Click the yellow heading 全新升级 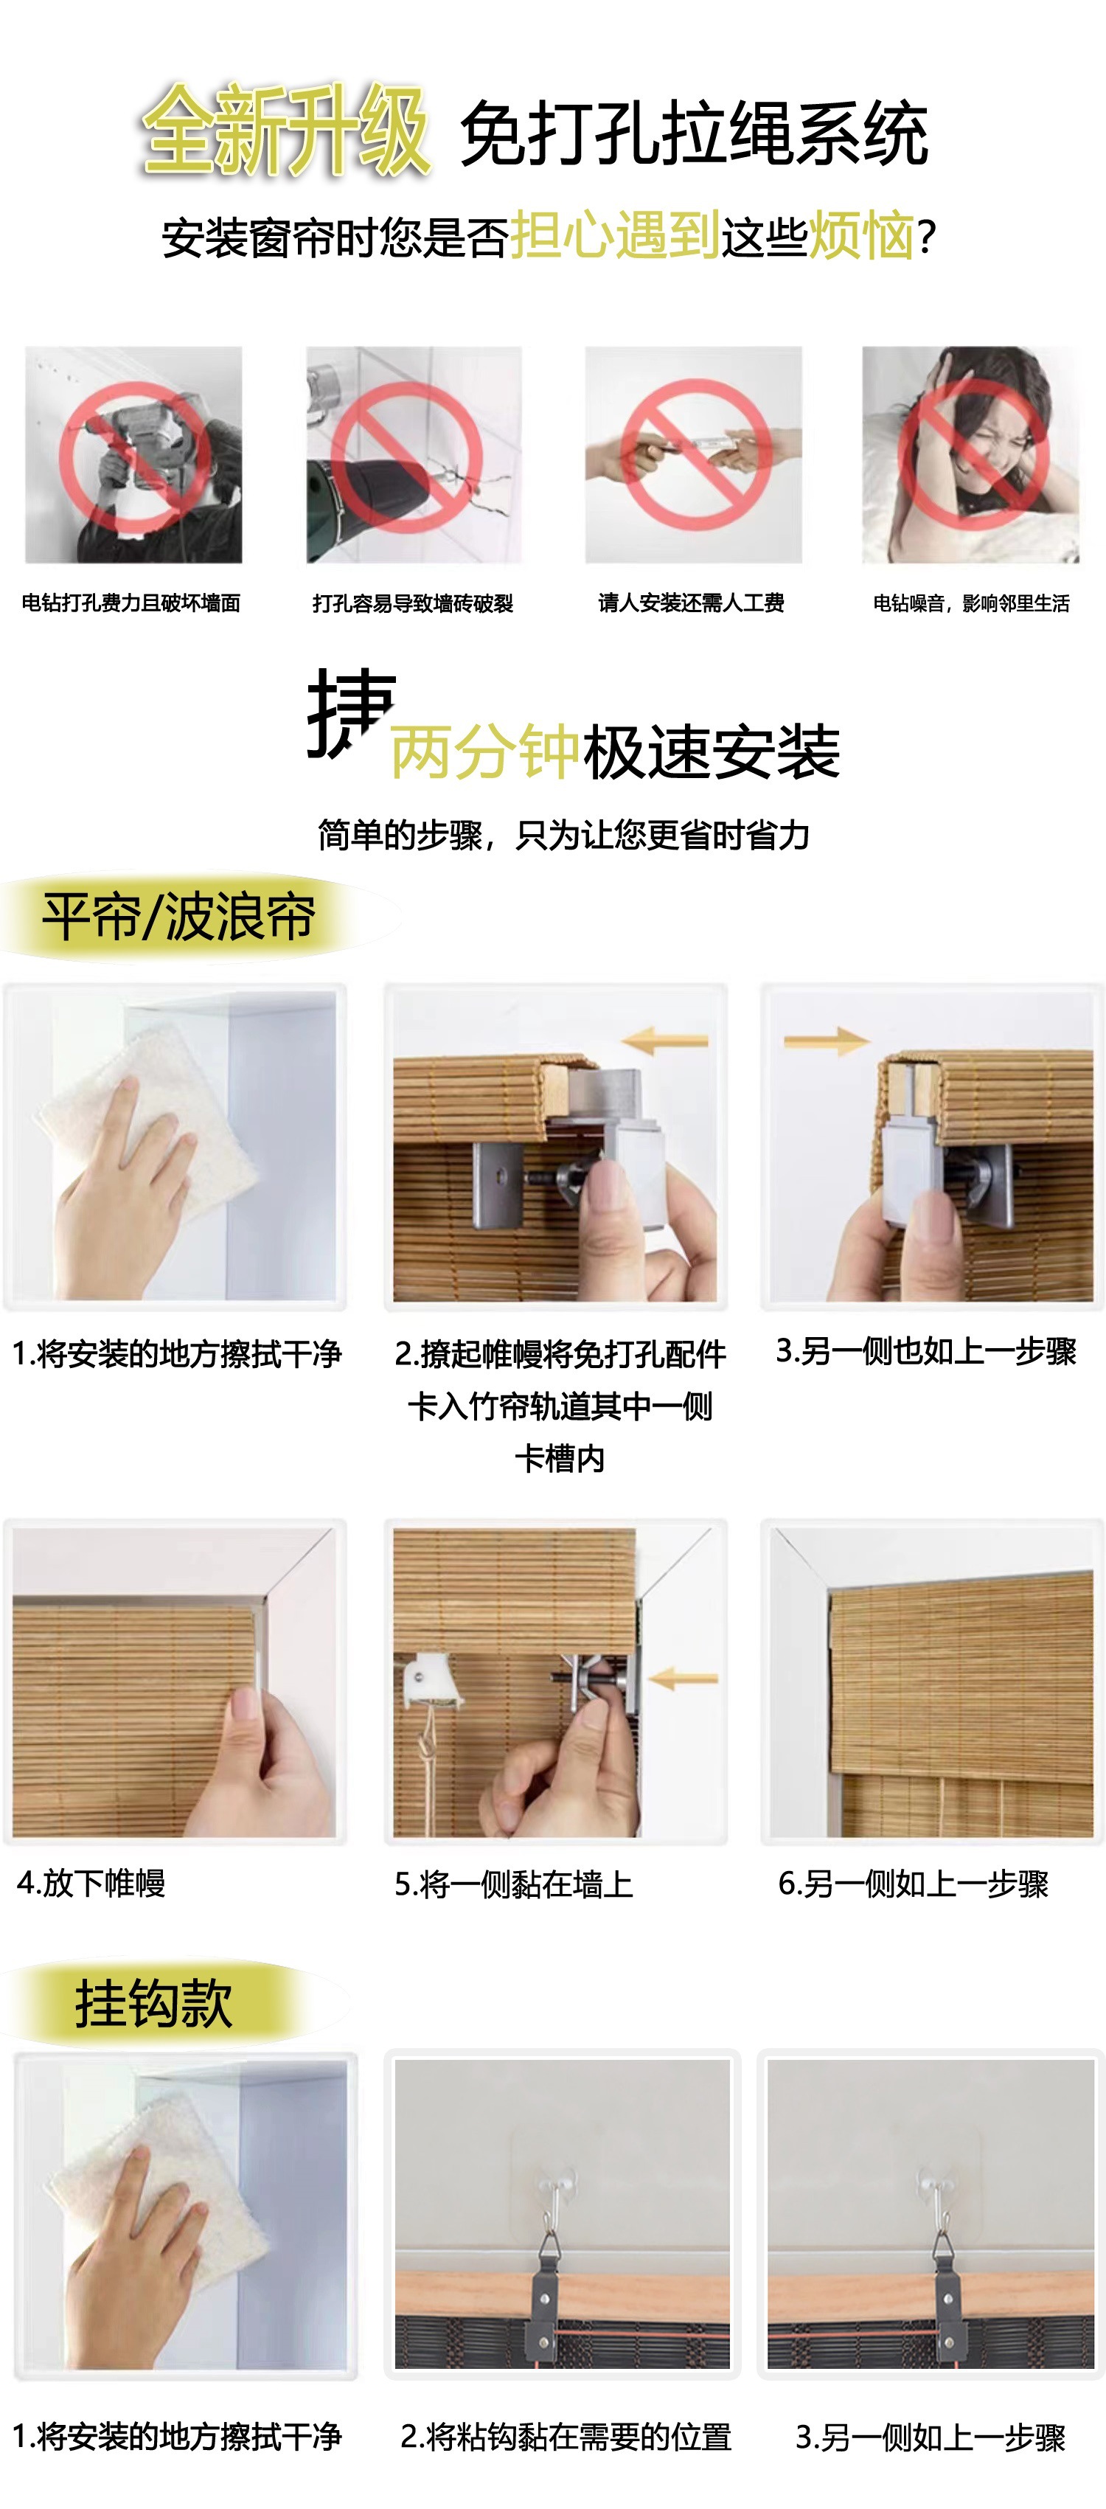[x=285, y=131]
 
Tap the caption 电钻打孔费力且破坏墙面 [x=131, y=603]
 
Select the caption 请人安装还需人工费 [x=692, y=603]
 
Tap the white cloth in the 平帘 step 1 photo [x=146, y=1120]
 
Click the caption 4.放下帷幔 [x=91, y=1883]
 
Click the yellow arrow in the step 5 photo [x=684, y=1678]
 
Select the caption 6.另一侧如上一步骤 [x=914, y=1884]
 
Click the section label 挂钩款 [x=154, y=2004]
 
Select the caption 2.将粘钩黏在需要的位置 [x=566, y=2437]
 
